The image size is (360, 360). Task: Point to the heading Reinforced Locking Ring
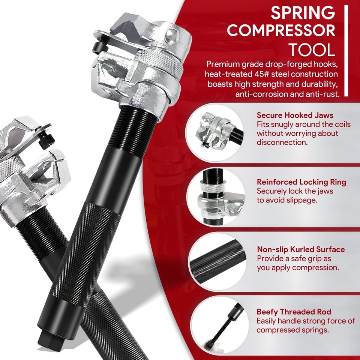pos(301,182)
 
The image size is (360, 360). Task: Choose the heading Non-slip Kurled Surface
pos(301,249)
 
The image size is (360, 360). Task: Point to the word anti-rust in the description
pos(321,94)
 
